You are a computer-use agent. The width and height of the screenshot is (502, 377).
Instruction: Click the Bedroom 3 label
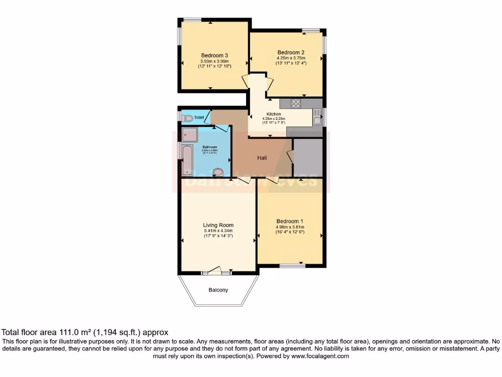tap(214, 55)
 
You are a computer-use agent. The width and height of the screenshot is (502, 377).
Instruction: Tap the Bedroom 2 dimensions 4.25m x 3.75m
tap(291, 58)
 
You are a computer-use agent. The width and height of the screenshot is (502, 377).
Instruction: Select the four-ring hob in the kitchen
tap(296, 104)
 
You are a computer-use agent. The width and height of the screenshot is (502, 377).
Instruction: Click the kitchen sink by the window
tap(317, 118)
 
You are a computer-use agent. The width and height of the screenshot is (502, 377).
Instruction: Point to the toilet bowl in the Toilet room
tap(186, 118)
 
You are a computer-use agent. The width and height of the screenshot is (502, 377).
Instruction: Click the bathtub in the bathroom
tap(187, 160)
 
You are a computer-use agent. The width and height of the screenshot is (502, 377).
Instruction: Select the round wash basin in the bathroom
tap(219, 171)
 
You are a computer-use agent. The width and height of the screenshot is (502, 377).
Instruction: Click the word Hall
tap(263, 158)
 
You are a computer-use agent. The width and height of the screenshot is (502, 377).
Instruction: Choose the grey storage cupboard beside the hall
tap(307, 158)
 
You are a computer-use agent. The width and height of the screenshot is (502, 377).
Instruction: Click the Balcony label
tap(218, 290)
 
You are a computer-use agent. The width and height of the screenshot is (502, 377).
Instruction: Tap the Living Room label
tap(218, 225)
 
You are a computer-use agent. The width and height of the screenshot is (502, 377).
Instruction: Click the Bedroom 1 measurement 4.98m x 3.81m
tap(290, 227)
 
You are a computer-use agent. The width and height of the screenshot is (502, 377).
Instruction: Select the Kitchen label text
tap(274, 114)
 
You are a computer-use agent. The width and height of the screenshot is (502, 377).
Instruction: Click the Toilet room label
tap(199, 118)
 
